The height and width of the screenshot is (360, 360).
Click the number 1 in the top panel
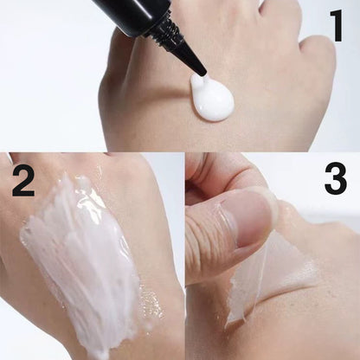point(337,25)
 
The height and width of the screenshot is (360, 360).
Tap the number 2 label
point(23,182)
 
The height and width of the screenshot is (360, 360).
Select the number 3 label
point(335,179)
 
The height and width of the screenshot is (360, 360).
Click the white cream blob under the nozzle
point(211,98)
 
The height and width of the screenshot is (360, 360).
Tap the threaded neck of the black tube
point(165,29)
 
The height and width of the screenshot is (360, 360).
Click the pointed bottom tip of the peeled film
point(228,325)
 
